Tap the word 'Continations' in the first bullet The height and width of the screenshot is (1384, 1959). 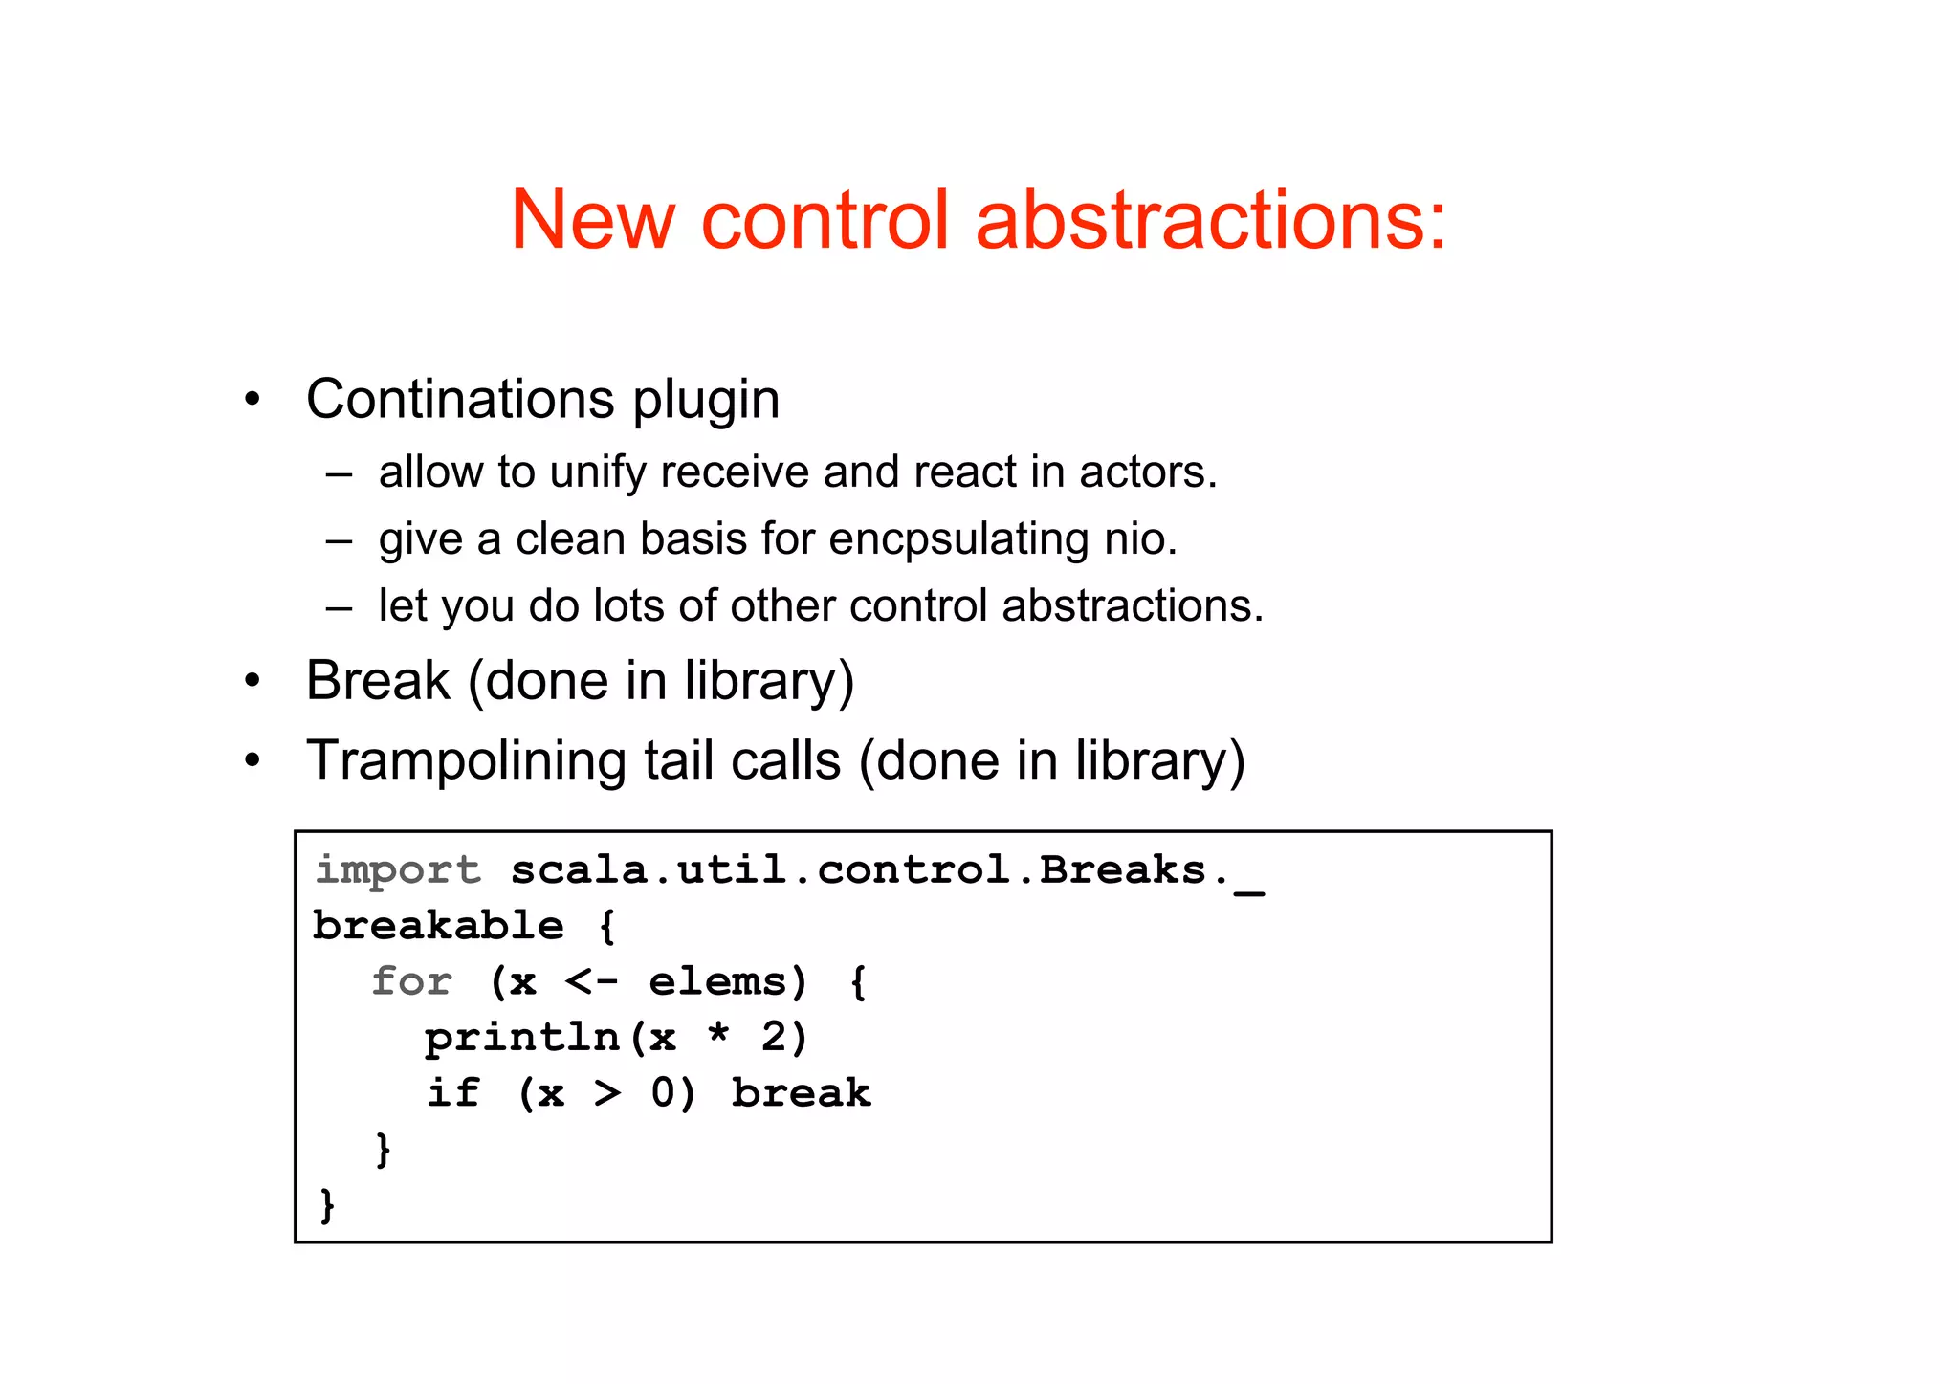point(460,399)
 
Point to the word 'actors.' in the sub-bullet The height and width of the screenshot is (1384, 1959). point(1148,472)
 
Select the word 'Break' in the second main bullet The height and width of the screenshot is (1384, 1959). point(378,681)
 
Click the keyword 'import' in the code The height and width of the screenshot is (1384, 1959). point(398,871)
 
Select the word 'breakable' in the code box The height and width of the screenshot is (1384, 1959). point(438,926)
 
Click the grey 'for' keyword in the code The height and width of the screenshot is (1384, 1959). point(411,982)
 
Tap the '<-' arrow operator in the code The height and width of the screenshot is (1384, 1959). point(591,982)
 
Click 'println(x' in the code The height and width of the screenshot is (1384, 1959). point(550,1038)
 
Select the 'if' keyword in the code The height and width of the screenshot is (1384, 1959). point(452,1093)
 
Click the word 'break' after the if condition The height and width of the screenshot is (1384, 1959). point(802,1093)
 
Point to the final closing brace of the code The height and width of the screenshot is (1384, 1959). point(327,1205)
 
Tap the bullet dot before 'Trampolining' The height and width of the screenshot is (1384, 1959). point(252,762)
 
